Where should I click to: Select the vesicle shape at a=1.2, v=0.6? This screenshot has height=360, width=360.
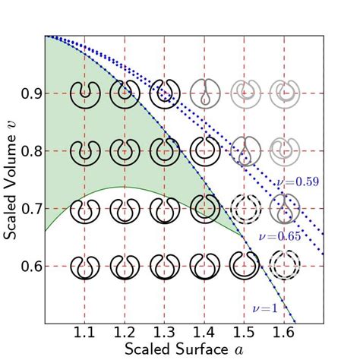125,266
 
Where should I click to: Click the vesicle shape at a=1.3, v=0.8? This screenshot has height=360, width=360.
165,150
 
